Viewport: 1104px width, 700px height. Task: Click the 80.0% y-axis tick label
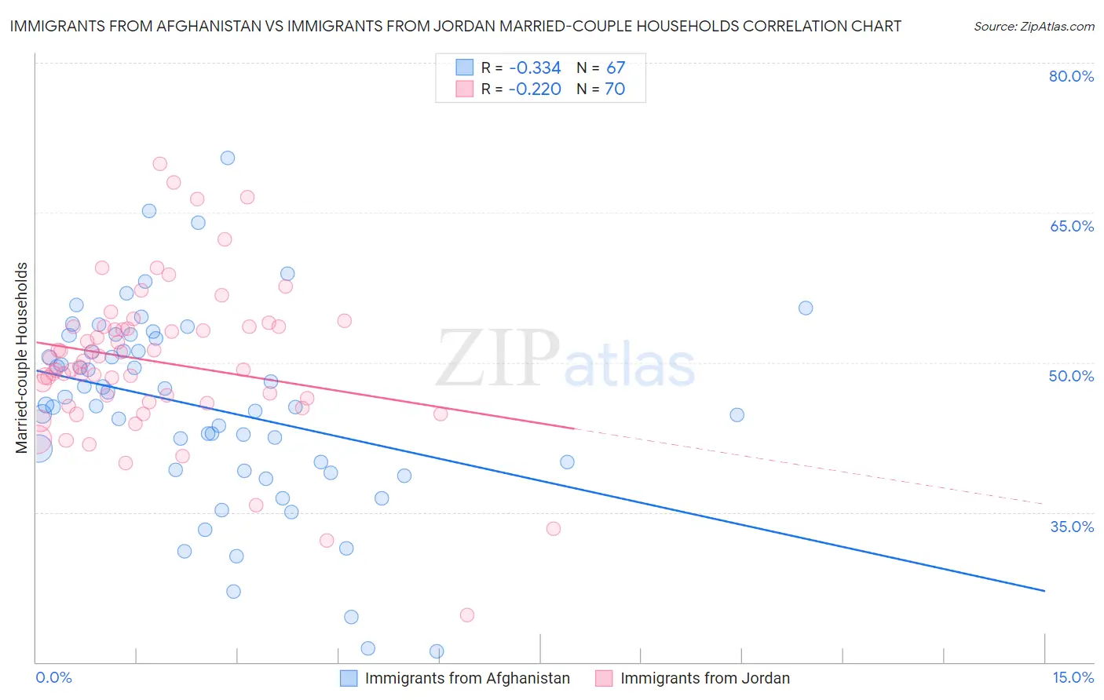pos(1071,76)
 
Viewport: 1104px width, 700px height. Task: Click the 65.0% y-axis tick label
pos(1071,226)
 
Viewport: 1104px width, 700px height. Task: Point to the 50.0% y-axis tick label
pos(1071,376)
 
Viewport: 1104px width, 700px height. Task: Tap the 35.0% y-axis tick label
pos(1072,527)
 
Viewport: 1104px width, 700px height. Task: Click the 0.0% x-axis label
pos(53,677)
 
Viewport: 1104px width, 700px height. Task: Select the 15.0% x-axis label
pos(1073,677)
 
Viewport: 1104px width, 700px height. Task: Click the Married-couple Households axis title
pos(22,358)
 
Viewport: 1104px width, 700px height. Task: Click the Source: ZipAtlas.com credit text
pos(1033,27)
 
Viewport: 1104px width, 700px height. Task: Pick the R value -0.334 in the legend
pos(535,68)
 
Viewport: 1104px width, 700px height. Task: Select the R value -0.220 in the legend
pos(535,89)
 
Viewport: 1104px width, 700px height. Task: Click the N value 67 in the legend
pos(616,68)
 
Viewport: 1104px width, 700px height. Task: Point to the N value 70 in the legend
pos(615,89)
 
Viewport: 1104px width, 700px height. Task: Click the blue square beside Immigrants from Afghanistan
pos(349,678)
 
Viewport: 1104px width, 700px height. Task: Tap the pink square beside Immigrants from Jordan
pos(604,678)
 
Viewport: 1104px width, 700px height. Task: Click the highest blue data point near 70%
pos(228,158)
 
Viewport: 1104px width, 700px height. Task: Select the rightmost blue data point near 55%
pos(806,308)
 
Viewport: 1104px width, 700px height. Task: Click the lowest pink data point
pos(467,614)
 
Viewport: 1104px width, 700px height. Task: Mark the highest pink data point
pos(159,164)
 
